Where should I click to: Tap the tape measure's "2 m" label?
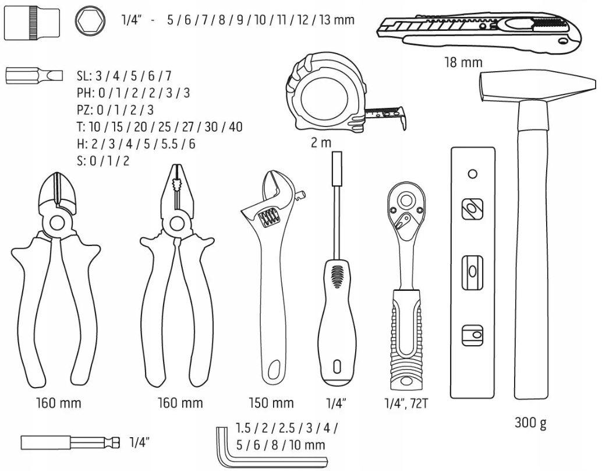(x=320, y=143)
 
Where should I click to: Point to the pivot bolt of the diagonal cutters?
(x=57, y=222)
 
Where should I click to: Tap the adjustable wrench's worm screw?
(x=267, y=220)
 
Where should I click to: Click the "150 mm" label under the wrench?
(x=271, y=403)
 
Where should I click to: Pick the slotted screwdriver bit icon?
(x=34, y=75)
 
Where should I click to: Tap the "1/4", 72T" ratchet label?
(x=406, y=403)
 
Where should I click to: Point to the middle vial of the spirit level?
(x=472, y=272)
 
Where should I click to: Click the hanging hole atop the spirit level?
(x=473, y=174)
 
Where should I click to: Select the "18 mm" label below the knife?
(x=463, y=62)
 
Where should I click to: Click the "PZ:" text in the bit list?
(x=85, y=110)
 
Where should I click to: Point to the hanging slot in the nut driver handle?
(x=336, y=367)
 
